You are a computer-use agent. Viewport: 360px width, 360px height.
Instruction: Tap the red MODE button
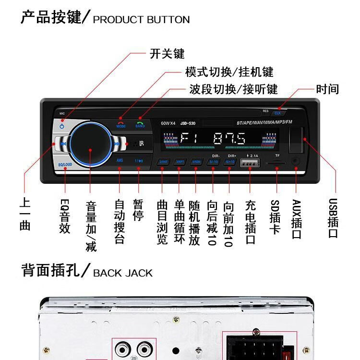point(121,123)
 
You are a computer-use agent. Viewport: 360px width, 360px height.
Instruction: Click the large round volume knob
point(90,143)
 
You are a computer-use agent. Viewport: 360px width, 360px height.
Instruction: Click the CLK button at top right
point(277,113)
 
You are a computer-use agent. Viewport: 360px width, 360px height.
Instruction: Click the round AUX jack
point(296,162)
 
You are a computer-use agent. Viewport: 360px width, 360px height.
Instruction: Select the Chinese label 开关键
point(167,53)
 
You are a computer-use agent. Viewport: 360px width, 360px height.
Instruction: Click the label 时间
point(327,89)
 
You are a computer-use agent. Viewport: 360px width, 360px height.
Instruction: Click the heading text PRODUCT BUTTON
point(141,20)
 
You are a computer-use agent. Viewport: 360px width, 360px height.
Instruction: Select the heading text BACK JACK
point(122,273)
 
